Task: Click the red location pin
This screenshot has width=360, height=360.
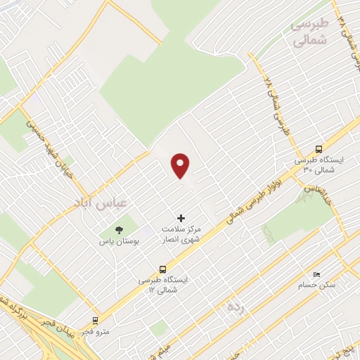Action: tap(181, 165)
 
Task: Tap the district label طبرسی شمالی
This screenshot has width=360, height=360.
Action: tap(309, 32)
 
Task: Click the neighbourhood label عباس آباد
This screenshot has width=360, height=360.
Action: tap(102, 203)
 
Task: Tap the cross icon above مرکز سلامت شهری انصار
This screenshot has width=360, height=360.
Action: tap(181, 219)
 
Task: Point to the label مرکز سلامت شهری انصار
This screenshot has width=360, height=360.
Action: tap(181, 236)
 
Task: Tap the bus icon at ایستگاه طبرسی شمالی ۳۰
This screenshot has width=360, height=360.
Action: tap(319, 148)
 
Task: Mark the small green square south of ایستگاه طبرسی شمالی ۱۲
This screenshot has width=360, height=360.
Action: tap(160, 328)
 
